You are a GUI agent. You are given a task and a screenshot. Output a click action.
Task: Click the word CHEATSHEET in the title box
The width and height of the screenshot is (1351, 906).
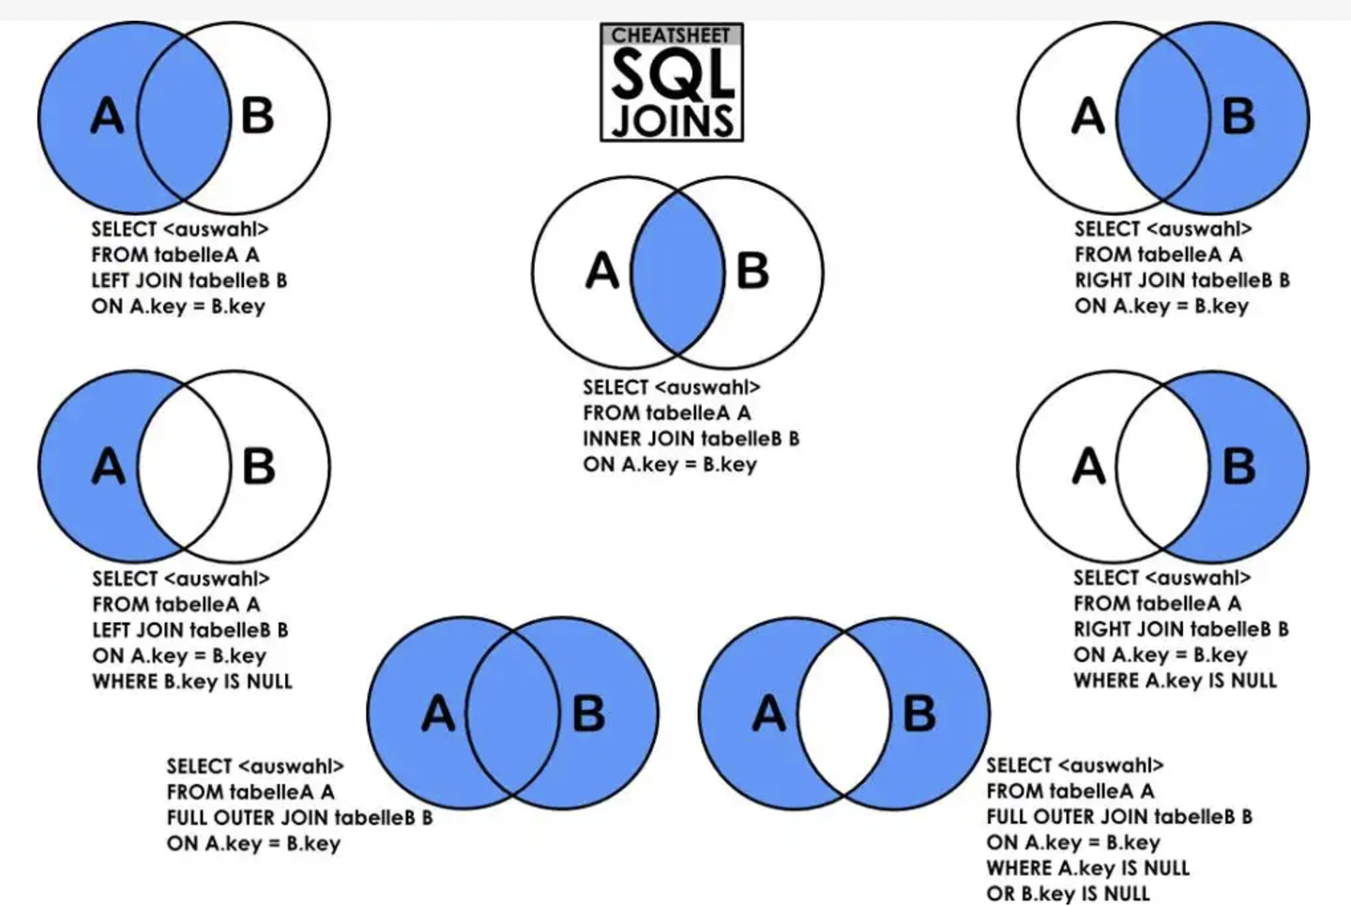pyautogui.click(x=671, y=36)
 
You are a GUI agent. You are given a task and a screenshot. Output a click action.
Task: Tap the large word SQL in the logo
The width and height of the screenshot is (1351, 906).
pyautogui.click(x=672, y=74)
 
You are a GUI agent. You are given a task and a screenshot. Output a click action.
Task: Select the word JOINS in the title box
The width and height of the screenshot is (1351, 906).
pyautogui.click(x=672, y=119)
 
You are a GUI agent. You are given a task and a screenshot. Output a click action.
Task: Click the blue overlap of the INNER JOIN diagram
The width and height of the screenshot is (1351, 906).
pyautogui.click(x=677, y=272)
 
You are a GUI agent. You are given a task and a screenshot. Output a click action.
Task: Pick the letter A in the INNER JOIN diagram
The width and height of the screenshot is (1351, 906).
pyautogui.click(x=602, y=272)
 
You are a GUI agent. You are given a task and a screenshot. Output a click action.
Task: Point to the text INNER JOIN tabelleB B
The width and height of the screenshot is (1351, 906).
pyautogui.click(x=691, y=438)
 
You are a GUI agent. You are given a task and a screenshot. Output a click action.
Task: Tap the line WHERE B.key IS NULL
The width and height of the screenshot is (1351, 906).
pyautogui.click(x=192, y=682)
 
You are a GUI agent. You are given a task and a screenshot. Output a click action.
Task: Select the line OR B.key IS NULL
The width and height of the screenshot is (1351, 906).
pyautogui.click(x=1068, y=894)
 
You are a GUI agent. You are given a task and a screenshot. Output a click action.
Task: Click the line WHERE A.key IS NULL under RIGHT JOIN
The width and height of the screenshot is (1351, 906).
pyautogui.click(x=1175, y=681)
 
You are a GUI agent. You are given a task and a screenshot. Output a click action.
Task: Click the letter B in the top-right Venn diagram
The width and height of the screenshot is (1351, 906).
pyautogui.click(x=1238, y=117)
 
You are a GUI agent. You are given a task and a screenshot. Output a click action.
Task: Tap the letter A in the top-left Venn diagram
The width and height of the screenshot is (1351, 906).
pyautogui.click(x=107, y=117)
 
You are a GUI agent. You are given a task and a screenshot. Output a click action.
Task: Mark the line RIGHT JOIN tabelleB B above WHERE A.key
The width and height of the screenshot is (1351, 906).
pyautogui.click(x=1181, y=629)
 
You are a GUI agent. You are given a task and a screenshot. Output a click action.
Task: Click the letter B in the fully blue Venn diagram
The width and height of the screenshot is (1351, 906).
pyautogui.click(x=588, y=715)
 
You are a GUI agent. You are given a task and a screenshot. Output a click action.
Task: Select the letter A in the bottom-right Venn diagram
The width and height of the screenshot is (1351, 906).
pyautogui.click(x=768, y=715)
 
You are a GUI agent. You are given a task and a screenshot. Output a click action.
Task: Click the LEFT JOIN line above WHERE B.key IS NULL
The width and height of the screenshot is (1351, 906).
pyautogui.click(x=190, y=630)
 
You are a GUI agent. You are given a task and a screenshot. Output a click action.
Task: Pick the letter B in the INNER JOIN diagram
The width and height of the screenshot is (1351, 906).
pyautogui.click(x=752, y=272)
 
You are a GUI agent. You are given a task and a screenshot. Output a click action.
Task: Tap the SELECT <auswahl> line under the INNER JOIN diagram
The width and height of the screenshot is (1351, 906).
pyautogui.click(x=671, y=387)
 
